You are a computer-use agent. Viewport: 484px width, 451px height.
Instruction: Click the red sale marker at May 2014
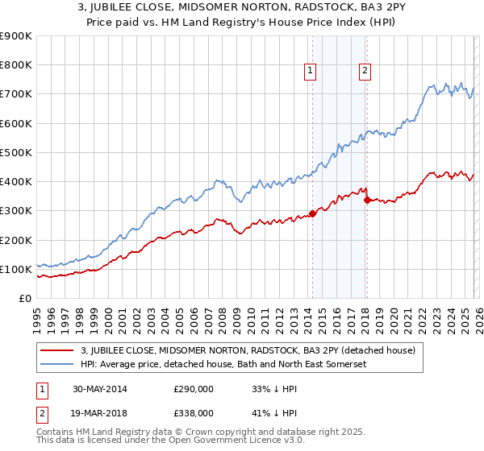point(312,214)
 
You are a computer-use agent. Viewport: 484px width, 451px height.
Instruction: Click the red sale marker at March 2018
point(366,200)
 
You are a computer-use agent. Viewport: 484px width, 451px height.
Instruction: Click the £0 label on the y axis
point(24,299)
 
